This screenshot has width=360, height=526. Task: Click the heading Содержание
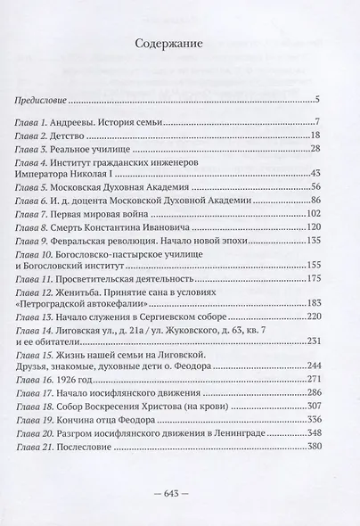click(178, 42)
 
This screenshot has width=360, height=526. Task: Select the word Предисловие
click(47, 100)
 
